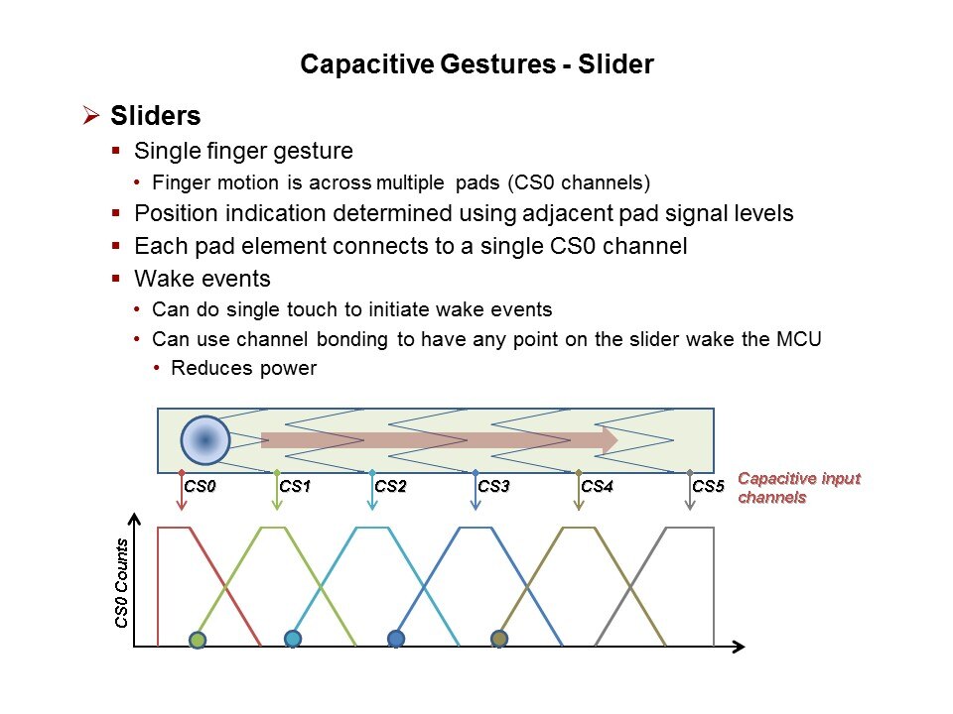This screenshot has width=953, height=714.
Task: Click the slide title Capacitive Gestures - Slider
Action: click(476, 65)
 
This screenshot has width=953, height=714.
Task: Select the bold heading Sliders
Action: click(156, 116)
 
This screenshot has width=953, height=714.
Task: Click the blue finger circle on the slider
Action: click(205, 440)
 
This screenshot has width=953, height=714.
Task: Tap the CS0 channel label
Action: click(201, 487)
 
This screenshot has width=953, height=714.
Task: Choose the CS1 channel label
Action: click(296, 487)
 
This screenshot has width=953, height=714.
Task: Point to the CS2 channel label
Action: click(391, 487)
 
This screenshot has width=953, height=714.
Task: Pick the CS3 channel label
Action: click(493, 487)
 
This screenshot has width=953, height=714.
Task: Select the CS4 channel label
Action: click(597, 487)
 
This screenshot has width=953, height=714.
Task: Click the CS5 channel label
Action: click(708, 487)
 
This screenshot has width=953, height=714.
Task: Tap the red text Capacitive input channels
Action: click(798, 487)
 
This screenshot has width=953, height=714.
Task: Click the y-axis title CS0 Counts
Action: click(122, 583)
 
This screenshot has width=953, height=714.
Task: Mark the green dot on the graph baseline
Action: click(198, 639)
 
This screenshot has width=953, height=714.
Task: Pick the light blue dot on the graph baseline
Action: click(293, 639)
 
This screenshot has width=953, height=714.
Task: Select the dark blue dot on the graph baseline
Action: click(396, 639)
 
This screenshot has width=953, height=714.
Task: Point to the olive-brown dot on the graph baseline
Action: click(499, 639)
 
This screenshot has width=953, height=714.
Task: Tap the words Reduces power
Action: click(243, 369)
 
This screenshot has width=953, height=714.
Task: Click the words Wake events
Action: click(202, 279)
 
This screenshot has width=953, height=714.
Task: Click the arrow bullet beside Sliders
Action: click(92, 117)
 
